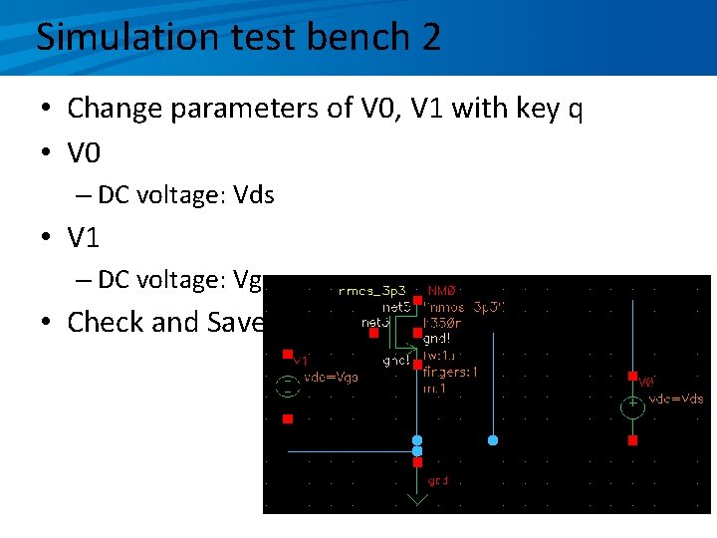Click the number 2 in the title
click(x=430, y=37)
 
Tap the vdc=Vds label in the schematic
click(x=676, y=398)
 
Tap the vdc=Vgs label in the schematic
click(x=332, y=377)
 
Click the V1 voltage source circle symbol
click(x=287, y=386)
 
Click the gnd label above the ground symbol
click(x=438, y=480)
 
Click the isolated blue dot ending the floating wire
click(x=493, y=439)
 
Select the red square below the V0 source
click(x=632, y=439)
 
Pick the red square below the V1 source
click(x=287, y=418)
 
